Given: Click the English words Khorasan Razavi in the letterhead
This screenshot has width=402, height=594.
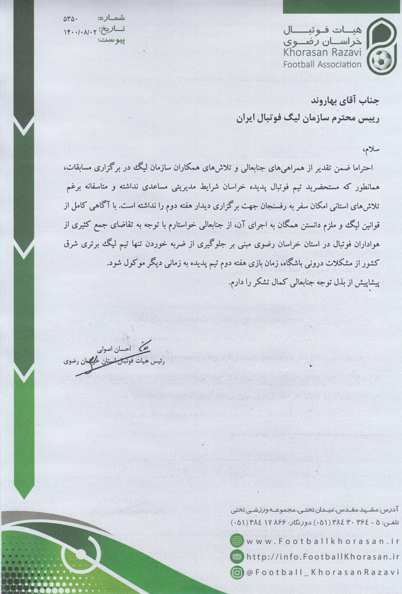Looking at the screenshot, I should (322, 52).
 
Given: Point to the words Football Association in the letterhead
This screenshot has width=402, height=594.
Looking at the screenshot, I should (322, 65).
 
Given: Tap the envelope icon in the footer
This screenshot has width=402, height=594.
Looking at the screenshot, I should (237, 556).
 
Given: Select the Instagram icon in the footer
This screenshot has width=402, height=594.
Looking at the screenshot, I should (237, 572).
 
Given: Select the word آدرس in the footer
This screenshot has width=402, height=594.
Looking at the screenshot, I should (390, 510).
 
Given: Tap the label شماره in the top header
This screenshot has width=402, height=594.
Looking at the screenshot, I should (111, 19).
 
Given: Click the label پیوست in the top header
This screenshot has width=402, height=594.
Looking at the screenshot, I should (111, 40).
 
